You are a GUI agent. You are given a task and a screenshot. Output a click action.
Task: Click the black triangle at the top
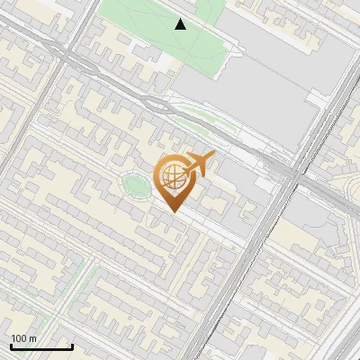coord(181,24)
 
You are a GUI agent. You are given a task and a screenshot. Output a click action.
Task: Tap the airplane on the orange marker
coord(196,164)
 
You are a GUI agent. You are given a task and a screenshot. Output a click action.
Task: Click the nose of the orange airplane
coord(212,156)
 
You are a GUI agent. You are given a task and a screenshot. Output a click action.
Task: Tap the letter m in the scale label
coord(33,338)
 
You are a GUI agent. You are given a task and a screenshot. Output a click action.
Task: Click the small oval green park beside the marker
coord(137,186)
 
